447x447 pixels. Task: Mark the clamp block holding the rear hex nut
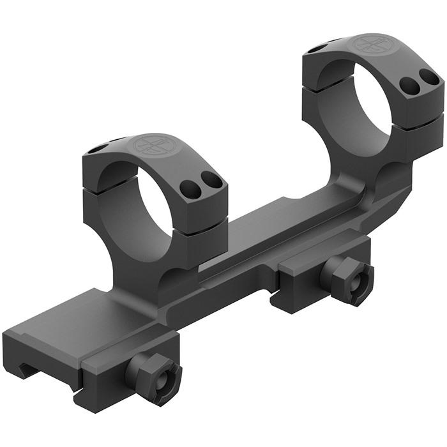coord(300,281)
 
